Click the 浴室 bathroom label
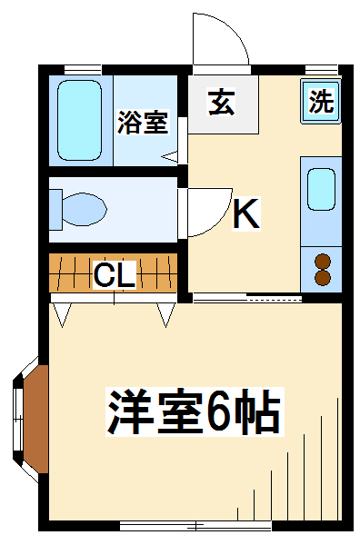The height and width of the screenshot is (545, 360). (x=143, y=122)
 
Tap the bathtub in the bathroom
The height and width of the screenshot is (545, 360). (x=80, y=120)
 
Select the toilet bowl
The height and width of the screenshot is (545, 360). (x=84, y=210)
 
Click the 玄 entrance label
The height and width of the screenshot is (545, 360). (x=221, y=102)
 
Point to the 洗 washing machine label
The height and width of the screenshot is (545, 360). (x=321, y=101)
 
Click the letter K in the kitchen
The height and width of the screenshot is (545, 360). (x=246, y=213)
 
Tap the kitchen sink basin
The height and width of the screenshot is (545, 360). (x=321, y=189)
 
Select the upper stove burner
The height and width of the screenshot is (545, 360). (x=323, y=262)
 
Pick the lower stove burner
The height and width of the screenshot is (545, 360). (x=323, y=277)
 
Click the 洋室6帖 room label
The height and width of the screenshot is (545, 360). (x=194, y=411)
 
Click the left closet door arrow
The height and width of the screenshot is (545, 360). (x=62, y=314)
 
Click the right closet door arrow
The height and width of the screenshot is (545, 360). (x=165, y=314)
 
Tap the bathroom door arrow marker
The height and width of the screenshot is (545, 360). (x=169, y=157)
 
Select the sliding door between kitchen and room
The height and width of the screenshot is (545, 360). (x=247, y=297)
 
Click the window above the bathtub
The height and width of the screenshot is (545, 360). (x=83, y=70)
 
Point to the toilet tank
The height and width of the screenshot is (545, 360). (x=55, y=210)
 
